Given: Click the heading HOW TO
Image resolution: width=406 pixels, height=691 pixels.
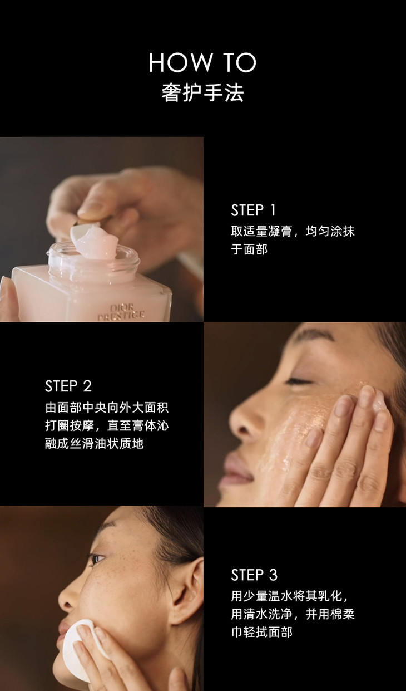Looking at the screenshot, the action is tap(202, 62).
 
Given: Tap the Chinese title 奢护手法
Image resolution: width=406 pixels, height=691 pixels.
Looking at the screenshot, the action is tap(202, 92).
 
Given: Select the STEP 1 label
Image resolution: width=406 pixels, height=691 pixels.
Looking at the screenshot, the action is tap(253, 210).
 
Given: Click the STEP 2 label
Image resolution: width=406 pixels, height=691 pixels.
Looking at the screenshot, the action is tap(68, 386).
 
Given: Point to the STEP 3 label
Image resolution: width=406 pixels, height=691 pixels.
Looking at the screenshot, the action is tap(254, 575).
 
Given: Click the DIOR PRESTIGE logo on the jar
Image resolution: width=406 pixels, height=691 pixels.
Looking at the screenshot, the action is tap(121, 312).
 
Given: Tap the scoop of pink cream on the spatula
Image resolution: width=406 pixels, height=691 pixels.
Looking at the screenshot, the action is tap(96, 241).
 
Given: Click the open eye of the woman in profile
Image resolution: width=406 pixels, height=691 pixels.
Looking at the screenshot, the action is tap(96, 558).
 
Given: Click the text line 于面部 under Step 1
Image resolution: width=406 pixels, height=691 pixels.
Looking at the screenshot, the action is tap(249, 249).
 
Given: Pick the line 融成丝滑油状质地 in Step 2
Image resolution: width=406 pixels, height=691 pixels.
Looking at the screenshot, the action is tap(94, 444).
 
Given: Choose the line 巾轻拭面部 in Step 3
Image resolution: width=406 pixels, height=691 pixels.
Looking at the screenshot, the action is tap(261, 632).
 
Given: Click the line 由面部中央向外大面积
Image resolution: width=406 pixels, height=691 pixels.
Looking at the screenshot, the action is tap(107, 408).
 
